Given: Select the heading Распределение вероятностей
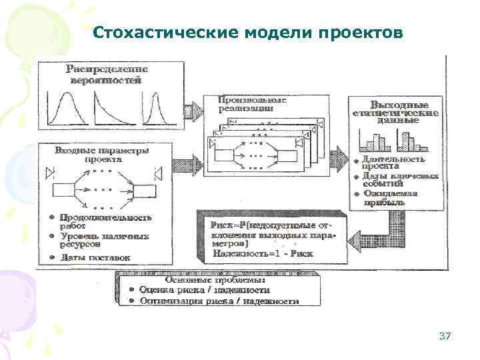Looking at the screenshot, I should coord(106,74).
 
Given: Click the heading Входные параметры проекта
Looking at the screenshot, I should coord(102,155).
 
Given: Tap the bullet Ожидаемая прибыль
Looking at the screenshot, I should coord(390,198).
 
